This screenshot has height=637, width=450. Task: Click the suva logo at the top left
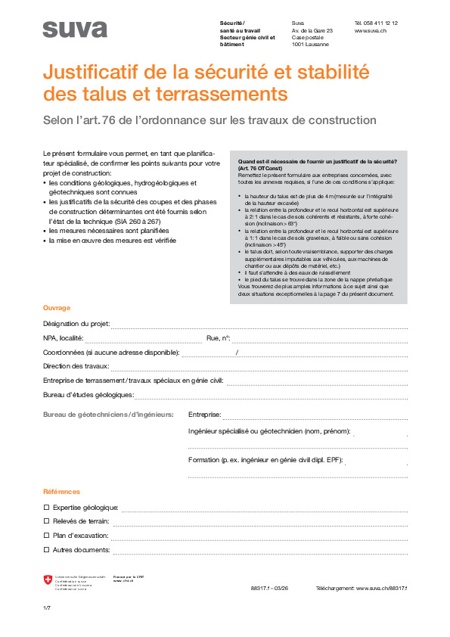pos(75,30)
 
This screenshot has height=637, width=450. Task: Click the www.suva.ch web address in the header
pos(371,31)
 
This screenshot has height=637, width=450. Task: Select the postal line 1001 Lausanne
pos(310,45)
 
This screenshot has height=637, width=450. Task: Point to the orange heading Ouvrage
pos(57,308)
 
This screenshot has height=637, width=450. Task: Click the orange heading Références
pos(61,491)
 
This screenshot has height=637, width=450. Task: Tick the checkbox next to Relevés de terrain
pos(46,521)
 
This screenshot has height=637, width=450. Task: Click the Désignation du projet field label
pos(76,324)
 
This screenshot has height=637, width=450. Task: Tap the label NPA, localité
pos(64,338)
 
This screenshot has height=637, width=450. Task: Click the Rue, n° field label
pos(218,338)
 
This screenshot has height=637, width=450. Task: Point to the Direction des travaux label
pos(76,366)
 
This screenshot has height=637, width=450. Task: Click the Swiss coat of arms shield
pos(49,580)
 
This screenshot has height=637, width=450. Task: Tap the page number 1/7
pos(47,608)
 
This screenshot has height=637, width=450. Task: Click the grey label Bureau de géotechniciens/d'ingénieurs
pos(108,415)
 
